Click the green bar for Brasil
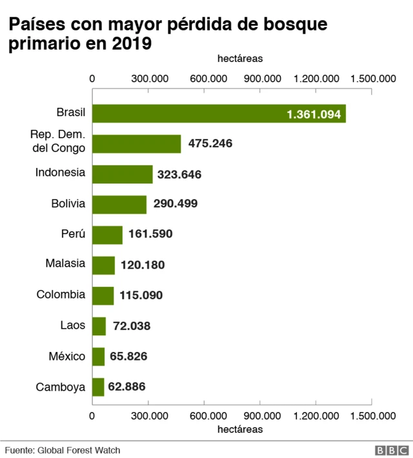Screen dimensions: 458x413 [x=219, y=113]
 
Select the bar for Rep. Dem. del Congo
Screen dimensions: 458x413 [x=137, y=143]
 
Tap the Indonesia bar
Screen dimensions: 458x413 [x=123, y=174]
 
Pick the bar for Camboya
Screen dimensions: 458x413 [x=98, y=387]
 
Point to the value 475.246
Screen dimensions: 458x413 [x=210, y=143]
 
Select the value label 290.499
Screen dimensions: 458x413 [x=176, y=203]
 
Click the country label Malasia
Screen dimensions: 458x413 [x=65, y=264]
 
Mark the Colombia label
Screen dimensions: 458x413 [x=61, y=294]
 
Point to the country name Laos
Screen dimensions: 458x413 [x=72, y=325]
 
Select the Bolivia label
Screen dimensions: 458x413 [x=68, y=203]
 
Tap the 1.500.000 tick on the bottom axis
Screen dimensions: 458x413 [x=372, y=416]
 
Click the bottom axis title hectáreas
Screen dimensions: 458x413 [x=240, y=429]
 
